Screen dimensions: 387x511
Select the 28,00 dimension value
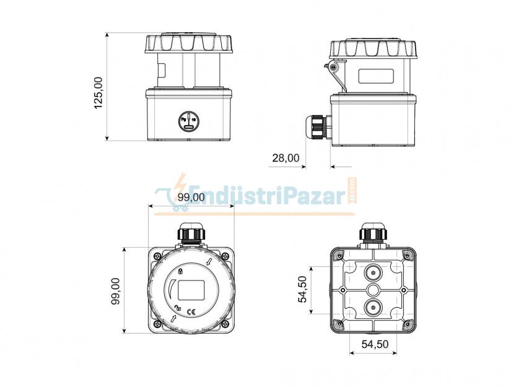[286, 159]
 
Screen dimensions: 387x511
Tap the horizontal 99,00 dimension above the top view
[191, 197]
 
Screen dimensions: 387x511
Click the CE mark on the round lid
[191, 311]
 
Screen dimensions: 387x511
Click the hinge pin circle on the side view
[334, 66]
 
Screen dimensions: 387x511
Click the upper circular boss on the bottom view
[373, 274]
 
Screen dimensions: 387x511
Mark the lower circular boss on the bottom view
[373, 306]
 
